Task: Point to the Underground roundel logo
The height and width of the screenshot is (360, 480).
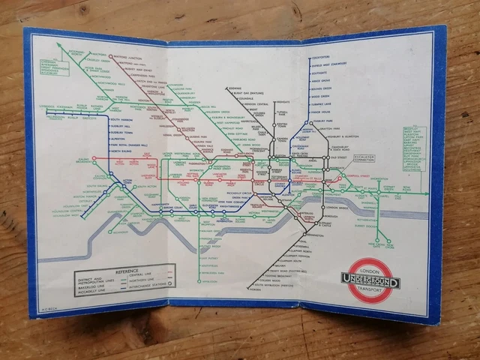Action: (x=371, y=281)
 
